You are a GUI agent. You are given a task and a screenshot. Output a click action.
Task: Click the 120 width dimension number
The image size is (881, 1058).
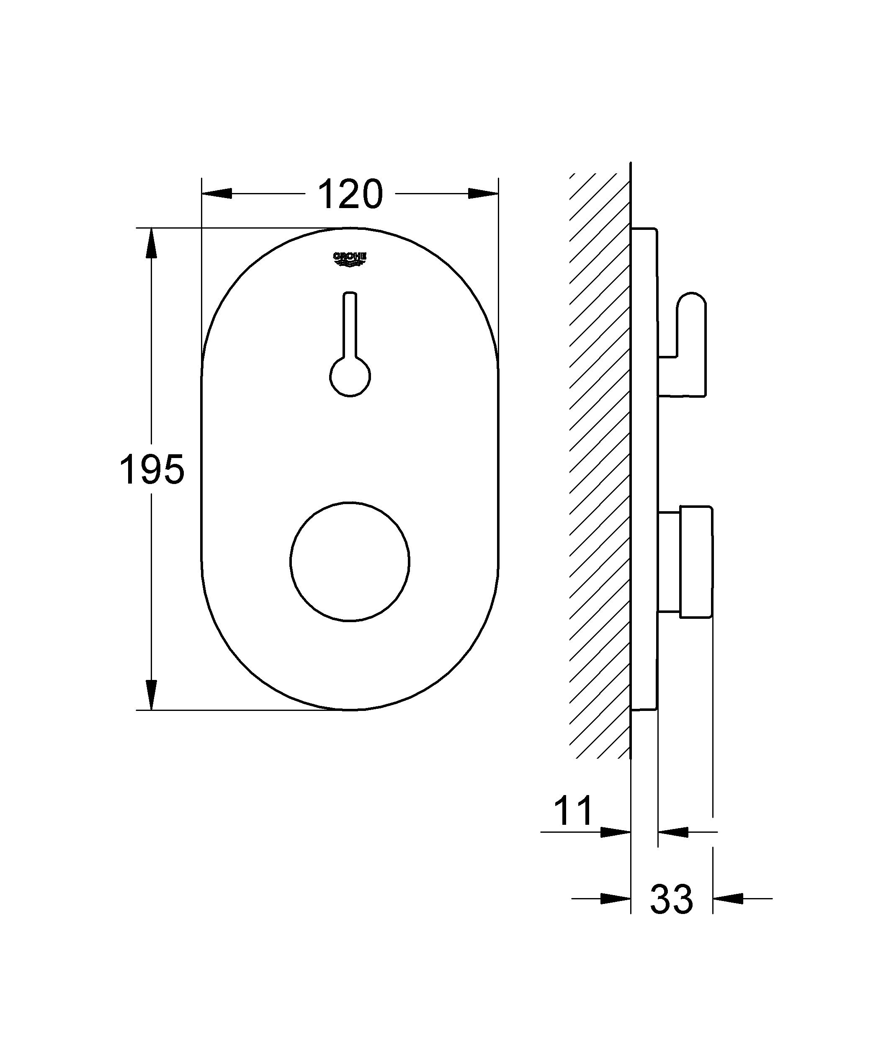[351, 194]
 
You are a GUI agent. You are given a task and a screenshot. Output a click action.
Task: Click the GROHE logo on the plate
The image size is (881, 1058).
[350, 260]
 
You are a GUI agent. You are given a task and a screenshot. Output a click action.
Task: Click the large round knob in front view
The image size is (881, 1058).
[350, 562]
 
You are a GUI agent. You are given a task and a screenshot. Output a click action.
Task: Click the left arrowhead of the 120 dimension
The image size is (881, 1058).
[217, 193]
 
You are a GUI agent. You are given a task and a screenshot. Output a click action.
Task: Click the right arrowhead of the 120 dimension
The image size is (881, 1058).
[483, 193]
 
